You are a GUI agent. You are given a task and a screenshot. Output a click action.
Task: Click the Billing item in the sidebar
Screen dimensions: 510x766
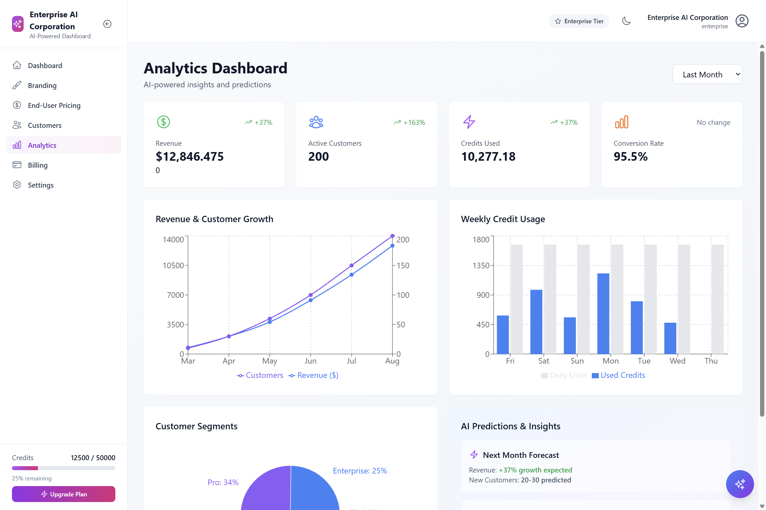38,165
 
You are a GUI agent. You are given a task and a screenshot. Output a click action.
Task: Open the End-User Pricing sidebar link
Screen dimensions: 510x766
54,105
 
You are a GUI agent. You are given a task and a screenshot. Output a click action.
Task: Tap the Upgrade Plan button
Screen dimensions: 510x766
64,494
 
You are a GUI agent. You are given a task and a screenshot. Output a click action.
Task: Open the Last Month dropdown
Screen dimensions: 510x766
707,74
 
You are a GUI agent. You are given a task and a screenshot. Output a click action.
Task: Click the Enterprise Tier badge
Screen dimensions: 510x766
579,21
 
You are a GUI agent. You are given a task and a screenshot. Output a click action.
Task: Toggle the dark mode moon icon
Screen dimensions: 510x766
626,21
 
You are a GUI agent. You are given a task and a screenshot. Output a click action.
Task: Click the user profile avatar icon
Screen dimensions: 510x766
742,21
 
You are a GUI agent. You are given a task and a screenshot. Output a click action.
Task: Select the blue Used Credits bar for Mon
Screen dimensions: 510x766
603,313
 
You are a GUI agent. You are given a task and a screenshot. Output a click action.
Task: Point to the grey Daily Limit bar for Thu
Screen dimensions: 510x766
717,299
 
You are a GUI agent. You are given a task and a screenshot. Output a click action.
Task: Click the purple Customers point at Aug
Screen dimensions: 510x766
392,236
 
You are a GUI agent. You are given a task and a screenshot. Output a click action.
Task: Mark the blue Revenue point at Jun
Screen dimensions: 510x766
311,300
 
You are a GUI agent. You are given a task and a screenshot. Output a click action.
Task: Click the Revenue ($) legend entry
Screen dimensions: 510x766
314,375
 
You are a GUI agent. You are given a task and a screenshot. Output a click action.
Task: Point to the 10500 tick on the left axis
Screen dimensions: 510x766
173,266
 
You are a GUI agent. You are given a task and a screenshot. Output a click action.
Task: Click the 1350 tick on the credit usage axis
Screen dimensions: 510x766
481,266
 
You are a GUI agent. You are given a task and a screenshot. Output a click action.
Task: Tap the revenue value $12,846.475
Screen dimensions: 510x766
190,157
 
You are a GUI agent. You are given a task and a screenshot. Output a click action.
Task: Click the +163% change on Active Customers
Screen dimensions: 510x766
414,123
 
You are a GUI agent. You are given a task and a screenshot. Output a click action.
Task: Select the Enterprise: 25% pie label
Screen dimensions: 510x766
360,471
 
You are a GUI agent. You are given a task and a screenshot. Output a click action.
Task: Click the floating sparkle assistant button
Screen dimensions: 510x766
740,484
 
